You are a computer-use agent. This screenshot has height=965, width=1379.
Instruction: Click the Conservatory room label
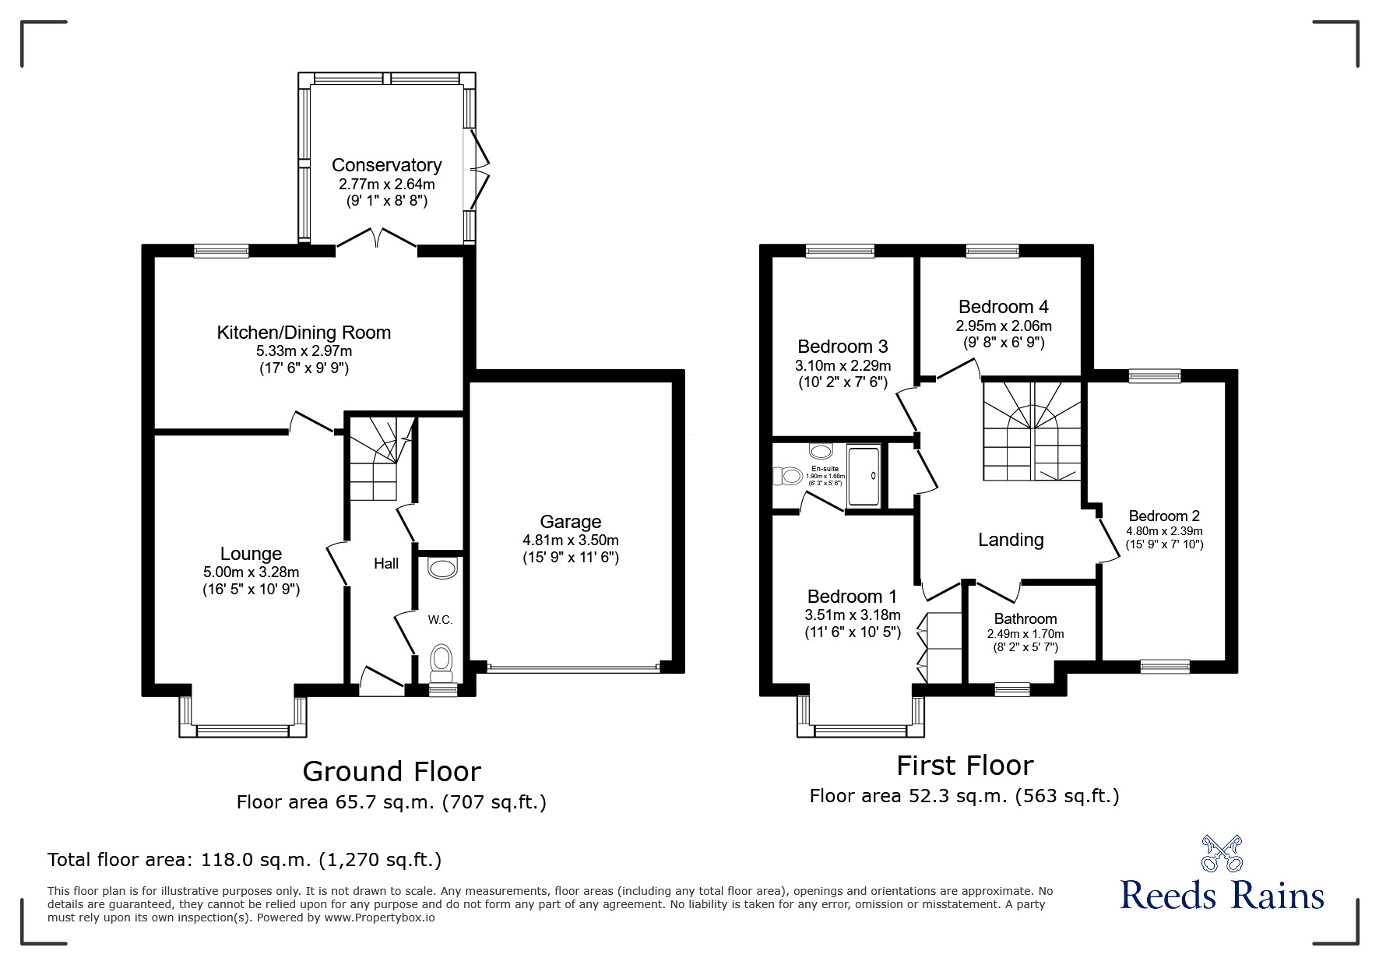click(386, 165)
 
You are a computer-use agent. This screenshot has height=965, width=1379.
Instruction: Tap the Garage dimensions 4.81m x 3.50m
click(570, 540)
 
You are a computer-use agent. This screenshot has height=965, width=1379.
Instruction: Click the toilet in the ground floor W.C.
click(441, 659)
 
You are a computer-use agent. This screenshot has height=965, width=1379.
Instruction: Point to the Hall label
click(386, 563)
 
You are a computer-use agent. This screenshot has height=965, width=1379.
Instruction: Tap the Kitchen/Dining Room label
click(304, 333)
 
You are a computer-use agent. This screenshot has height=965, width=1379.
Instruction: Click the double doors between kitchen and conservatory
click(377, 238)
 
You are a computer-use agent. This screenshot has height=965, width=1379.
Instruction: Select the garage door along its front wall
click(573, 667)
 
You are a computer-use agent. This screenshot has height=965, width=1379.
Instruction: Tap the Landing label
click(1011, 540)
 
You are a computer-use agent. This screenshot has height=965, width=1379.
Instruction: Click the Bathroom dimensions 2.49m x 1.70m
click(1025, 634)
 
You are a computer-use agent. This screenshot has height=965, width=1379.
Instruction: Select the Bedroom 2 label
click(1163, 516)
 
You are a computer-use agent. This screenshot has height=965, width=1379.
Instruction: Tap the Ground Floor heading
click(391, 771)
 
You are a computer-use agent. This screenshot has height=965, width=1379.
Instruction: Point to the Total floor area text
click(244, 860)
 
